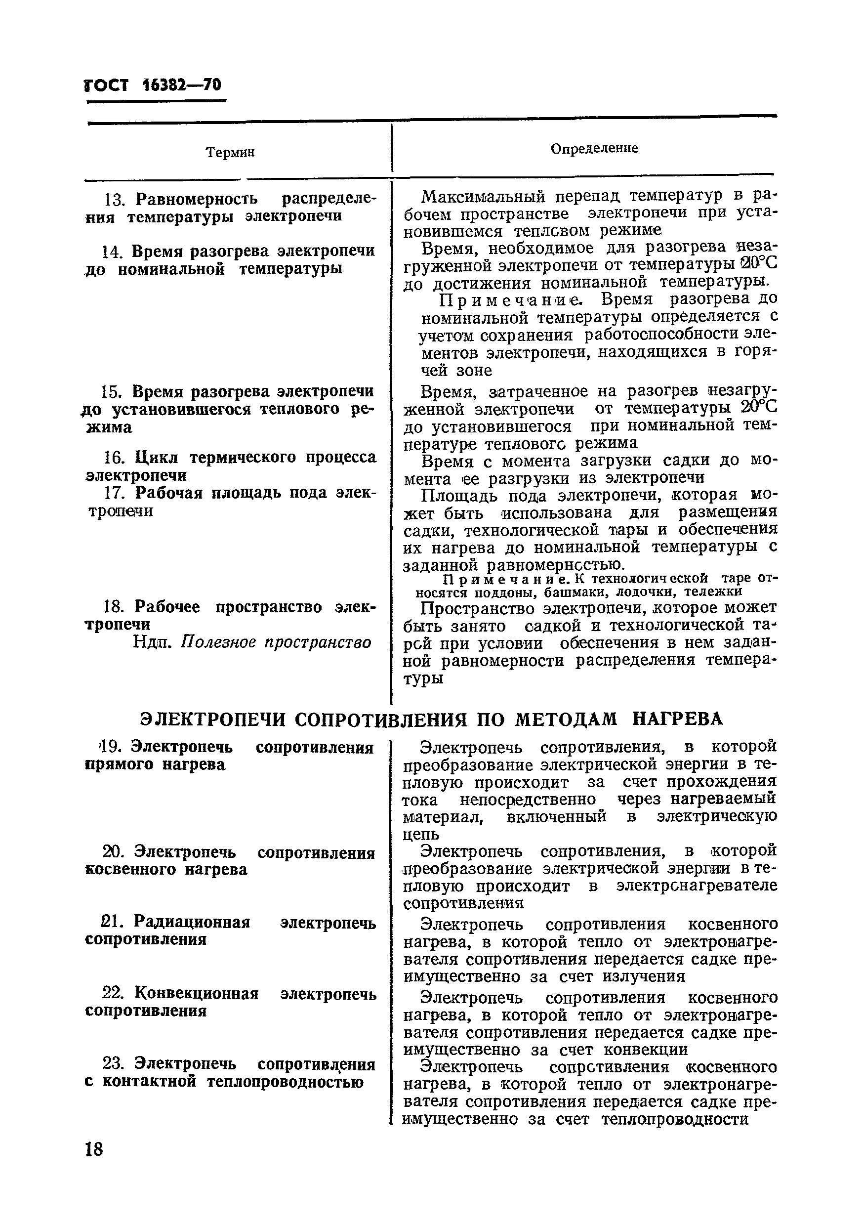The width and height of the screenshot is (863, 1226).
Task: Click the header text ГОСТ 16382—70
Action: pos(153,85)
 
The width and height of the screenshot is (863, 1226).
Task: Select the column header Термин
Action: pos(230,153)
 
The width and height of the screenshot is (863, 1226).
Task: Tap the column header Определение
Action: pos(594,148)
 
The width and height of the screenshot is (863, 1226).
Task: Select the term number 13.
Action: pos(113,200)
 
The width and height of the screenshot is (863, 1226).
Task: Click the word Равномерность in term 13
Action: pos(197,199)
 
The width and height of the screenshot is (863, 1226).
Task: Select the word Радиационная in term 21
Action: pos(192,922)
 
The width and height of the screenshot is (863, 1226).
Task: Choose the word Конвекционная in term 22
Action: pos(196,993)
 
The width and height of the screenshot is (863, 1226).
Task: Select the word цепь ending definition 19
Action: pos(421,834)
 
